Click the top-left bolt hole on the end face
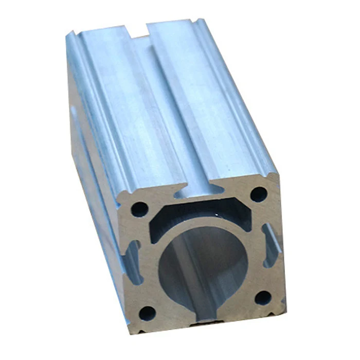tap(139, 208)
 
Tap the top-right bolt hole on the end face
tap(259, 194)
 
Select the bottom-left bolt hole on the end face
tap(148, 312)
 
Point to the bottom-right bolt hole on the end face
tap(263, 297)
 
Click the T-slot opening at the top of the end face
tap(195, 181)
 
